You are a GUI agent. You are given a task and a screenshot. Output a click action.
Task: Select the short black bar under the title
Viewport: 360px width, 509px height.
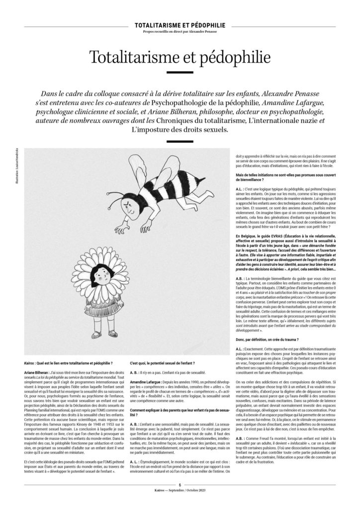point(180,73)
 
